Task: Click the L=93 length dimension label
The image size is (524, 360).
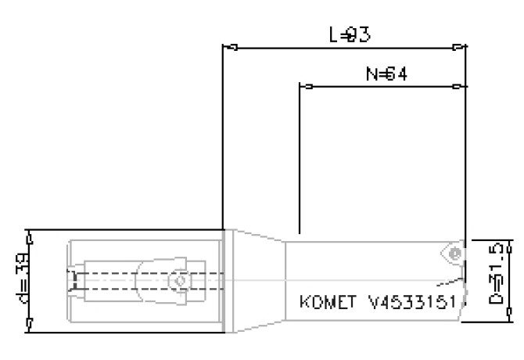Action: point(348,34)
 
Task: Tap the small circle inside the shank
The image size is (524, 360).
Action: point(181,280)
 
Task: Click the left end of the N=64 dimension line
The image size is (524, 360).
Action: point(300,86)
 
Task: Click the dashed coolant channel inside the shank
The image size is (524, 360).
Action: point(117,280)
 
